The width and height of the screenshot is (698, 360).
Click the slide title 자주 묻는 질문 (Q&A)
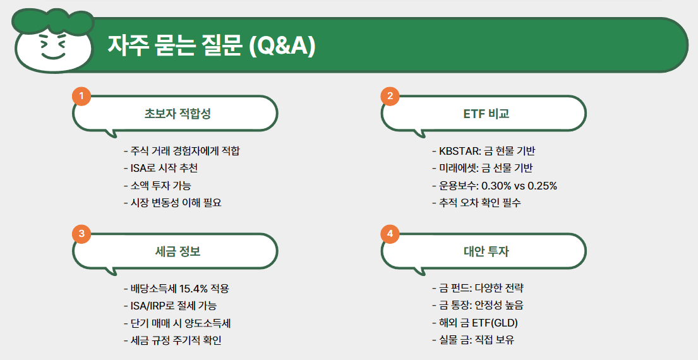(x=211, y=45)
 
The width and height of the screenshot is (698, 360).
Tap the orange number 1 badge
(x=81, y=97)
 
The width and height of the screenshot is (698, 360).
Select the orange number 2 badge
(x=390, y=97)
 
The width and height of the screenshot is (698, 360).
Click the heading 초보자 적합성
(x=178, y=114)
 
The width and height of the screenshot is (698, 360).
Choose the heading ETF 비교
(x=486, y=114)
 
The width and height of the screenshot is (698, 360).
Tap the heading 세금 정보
(x=178, y=251)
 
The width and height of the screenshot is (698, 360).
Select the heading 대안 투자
(x=486, y=251)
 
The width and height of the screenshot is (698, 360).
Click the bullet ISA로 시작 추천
(x=165, y=169)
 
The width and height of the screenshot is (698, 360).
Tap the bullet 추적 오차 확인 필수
(x=476, y=203)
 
